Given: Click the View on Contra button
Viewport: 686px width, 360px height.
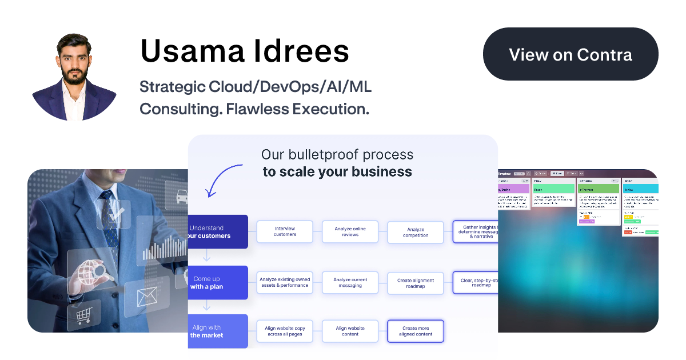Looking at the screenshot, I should [571, 54].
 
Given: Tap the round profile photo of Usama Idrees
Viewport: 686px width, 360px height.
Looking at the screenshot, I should [74, 77].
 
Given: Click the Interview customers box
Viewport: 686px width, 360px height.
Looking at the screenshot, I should [285, 231].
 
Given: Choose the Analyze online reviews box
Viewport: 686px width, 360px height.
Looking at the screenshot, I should [350, 231].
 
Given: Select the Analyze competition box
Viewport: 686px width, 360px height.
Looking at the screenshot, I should [416, 233].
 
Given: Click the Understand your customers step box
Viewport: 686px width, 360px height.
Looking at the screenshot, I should [218, 231].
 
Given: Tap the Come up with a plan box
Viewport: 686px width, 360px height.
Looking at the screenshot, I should [218, 283].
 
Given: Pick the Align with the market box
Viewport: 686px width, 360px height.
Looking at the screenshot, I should [218, 331].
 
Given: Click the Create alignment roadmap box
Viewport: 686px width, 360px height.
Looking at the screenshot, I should [416, 283].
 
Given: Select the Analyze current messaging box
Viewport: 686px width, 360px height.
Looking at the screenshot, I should [350, 282].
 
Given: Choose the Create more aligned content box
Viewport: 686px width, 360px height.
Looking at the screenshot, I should [416, 331].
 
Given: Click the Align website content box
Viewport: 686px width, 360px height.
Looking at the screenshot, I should [350, 331].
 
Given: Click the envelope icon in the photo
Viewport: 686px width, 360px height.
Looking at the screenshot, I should [147, 296].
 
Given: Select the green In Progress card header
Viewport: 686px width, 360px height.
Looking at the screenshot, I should [599, 188].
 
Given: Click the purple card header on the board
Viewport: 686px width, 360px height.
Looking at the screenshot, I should [513, 188].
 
